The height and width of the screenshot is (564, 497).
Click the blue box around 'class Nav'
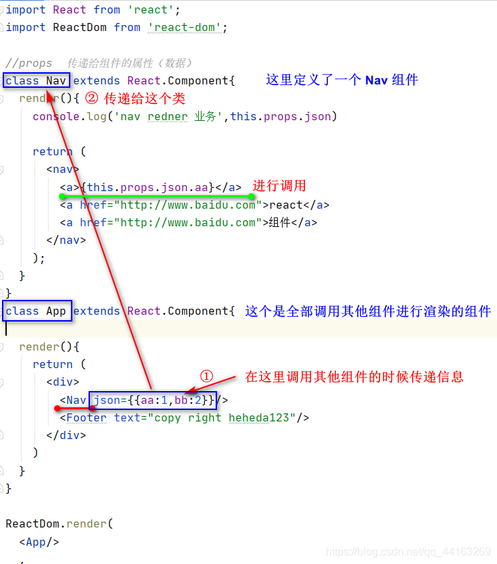tap(36, 81)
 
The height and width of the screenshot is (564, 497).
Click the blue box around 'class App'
tap(36, 311)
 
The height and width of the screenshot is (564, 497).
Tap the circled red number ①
tap(207, 376)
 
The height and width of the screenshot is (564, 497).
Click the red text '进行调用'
tap(279, 186)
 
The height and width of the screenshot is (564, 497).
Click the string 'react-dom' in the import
tap(187, 28)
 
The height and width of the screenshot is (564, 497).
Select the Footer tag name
tap(87, 417)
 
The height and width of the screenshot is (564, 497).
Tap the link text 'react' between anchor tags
tap(286, 205)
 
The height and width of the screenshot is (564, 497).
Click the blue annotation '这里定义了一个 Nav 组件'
tap(342, 80)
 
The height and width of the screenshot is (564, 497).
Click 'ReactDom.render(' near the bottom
tap(59, 523)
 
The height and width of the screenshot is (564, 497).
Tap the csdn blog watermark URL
tap(408, 552)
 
